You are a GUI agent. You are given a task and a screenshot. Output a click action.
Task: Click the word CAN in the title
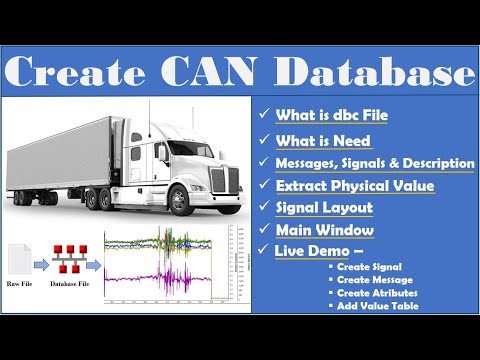[x=226, y=73]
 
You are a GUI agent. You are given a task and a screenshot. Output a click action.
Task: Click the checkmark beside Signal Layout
[x=264, y=208]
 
